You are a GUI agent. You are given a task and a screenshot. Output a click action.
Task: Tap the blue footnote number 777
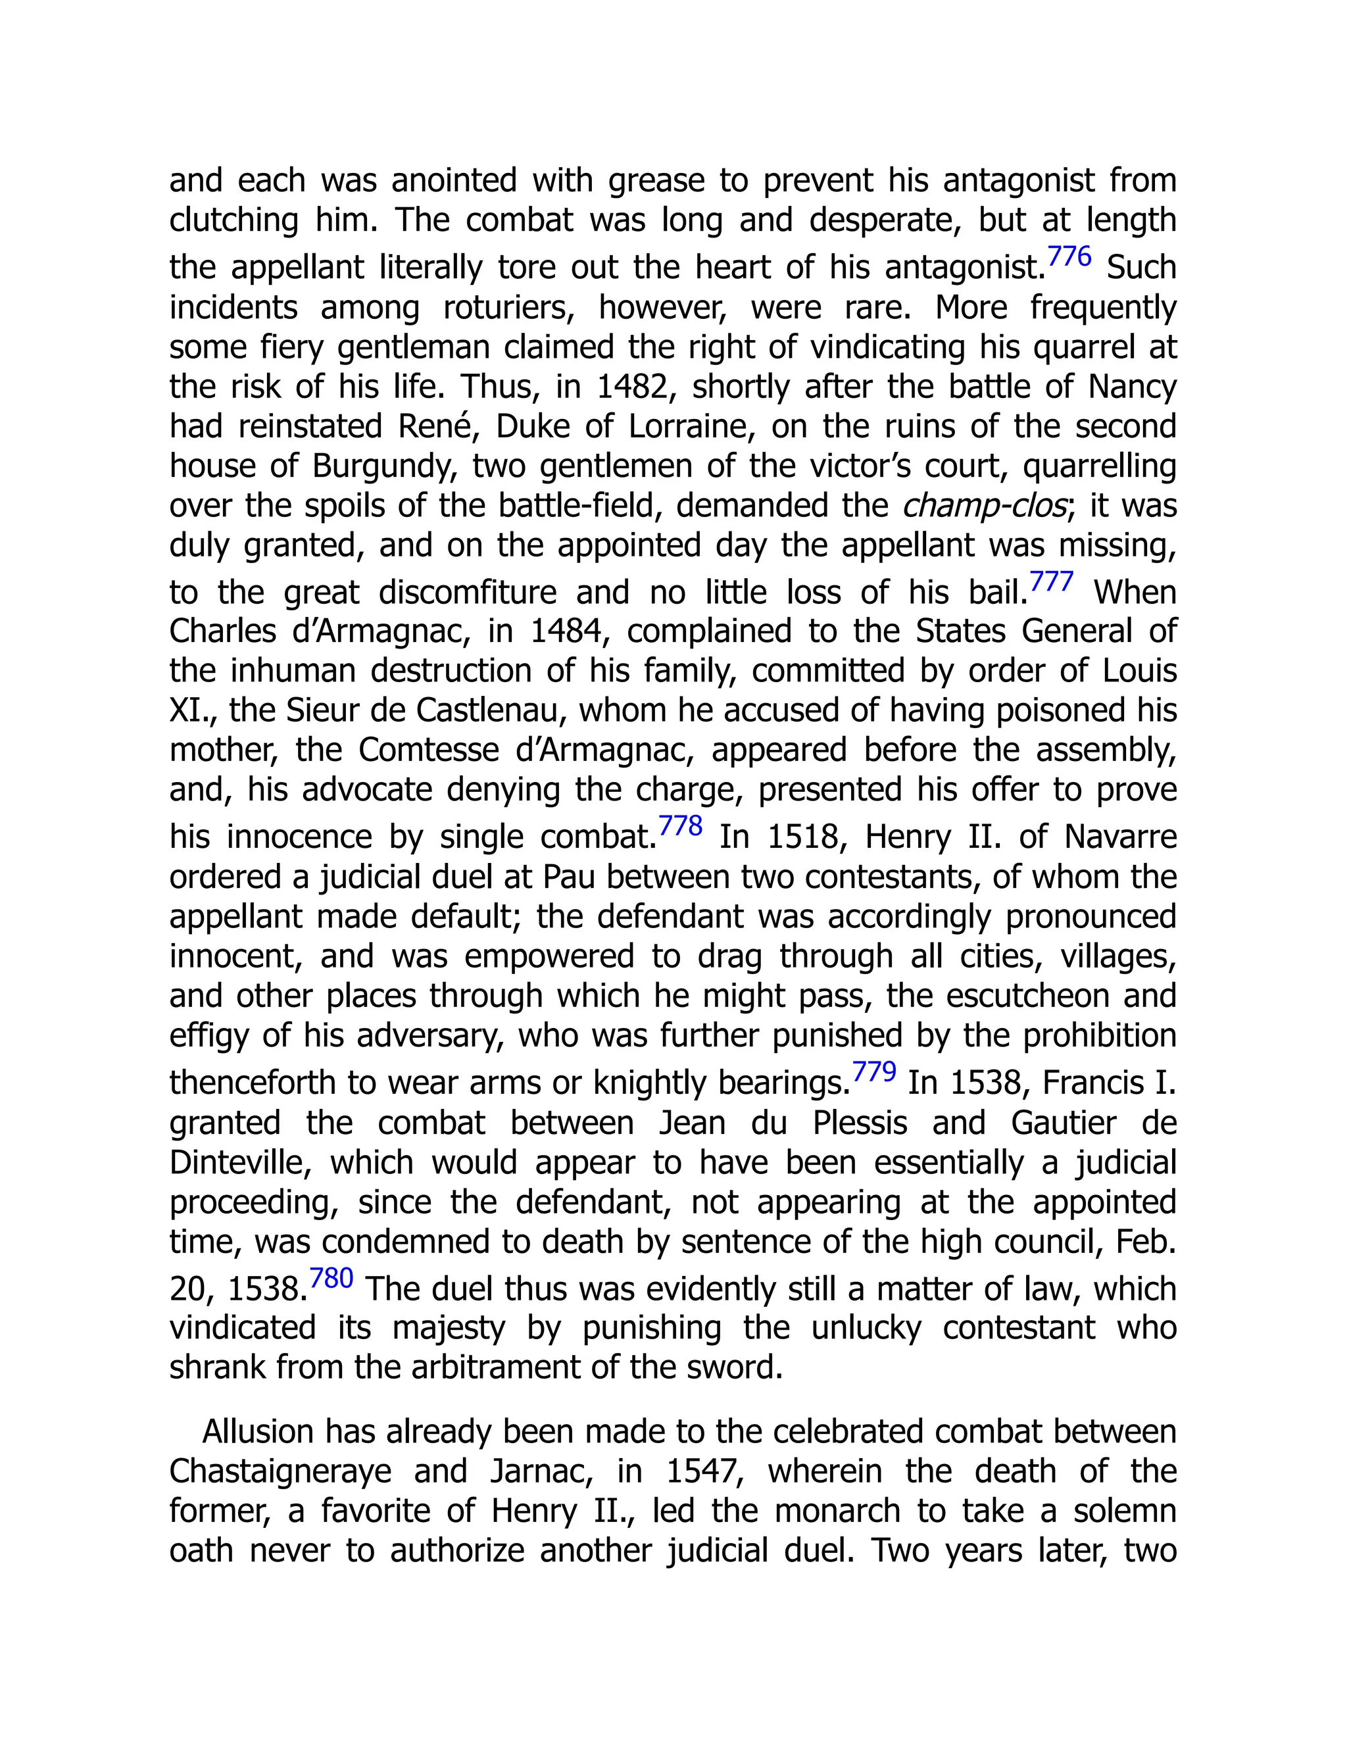(1051, 582)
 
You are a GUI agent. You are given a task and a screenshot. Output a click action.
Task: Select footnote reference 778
(680, 826)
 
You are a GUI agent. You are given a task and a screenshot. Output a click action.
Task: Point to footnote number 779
(874, 1072)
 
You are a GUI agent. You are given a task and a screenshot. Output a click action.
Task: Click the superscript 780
(331, 1279)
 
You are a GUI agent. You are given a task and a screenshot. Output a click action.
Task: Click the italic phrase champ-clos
(984, 506)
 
